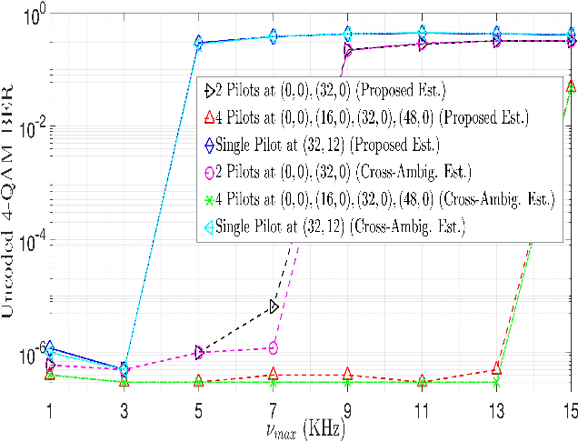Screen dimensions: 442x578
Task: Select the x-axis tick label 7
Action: pos(273,411)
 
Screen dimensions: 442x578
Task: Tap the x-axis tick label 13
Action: pos(495,411)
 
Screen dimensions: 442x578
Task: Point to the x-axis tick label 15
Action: pos(568,411)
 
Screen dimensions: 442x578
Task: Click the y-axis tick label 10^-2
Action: pos(25,128)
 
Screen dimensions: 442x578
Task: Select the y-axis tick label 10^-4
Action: pos(25,240)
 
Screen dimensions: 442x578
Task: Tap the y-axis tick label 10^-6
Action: pos(25,351)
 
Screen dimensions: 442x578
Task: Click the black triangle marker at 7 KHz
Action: pos(274,306)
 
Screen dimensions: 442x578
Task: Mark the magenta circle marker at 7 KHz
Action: pos(274,347)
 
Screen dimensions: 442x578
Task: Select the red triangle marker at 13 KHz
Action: pos(496,368)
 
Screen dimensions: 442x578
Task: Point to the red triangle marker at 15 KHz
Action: pos(570,85)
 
